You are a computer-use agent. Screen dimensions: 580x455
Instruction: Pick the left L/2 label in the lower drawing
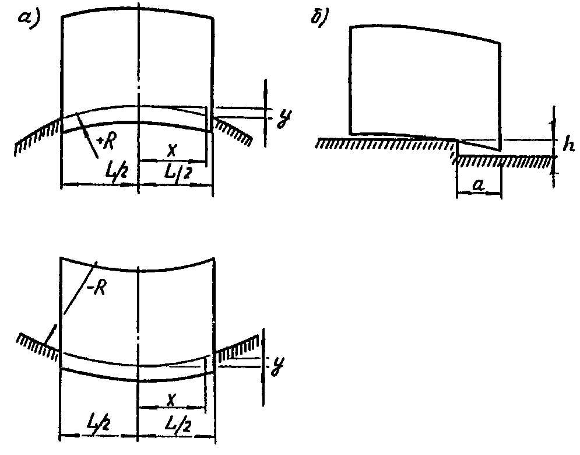(100, 421)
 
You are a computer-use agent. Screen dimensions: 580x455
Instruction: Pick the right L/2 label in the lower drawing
(174, 421)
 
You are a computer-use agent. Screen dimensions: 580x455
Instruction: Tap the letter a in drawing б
(479, 186)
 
